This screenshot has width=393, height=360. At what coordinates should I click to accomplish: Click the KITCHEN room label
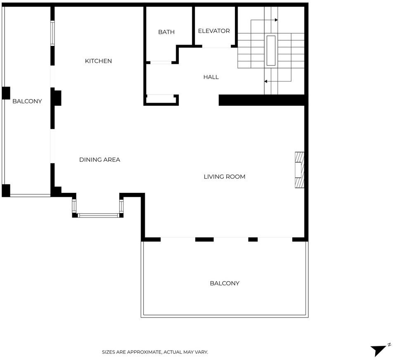click(x=98, y=61)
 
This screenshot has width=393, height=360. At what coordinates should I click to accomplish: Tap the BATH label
click(x=166, y=32)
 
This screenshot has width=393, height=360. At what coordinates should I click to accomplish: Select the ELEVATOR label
click(x=214, y=31)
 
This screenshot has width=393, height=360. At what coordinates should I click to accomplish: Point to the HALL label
click(x=211, y=77)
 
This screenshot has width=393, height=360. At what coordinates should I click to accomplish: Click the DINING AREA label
click(x=100, y=160)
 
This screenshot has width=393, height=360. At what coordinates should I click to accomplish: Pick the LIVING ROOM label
click(x=225, y=177)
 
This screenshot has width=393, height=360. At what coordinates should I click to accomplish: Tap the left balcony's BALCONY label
click(x=27, y=101)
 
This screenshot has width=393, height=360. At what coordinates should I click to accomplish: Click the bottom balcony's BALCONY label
click(x=225, y=283)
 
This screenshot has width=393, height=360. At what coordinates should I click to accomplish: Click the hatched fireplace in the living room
click(x=300, y=170)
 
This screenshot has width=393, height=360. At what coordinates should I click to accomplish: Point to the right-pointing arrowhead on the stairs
click(x=276, y=20)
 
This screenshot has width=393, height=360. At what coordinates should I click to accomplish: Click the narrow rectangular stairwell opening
click(x=271, y=50)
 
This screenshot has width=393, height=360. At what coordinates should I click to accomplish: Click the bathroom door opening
click(x=161, y=62)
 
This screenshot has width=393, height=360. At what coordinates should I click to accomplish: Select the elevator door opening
click(x=217, y=46)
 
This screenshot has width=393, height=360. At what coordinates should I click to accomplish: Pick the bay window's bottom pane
click(x=98, y=216)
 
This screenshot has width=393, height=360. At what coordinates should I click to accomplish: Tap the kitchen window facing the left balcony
click(x=52, y=33)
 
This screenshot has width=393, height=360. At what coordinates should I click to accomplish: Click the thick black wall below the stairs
click(x=263, y=100)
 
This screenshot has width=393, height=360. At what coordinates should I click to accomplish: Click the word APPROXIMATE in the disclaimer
click(x=144, y=352)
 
